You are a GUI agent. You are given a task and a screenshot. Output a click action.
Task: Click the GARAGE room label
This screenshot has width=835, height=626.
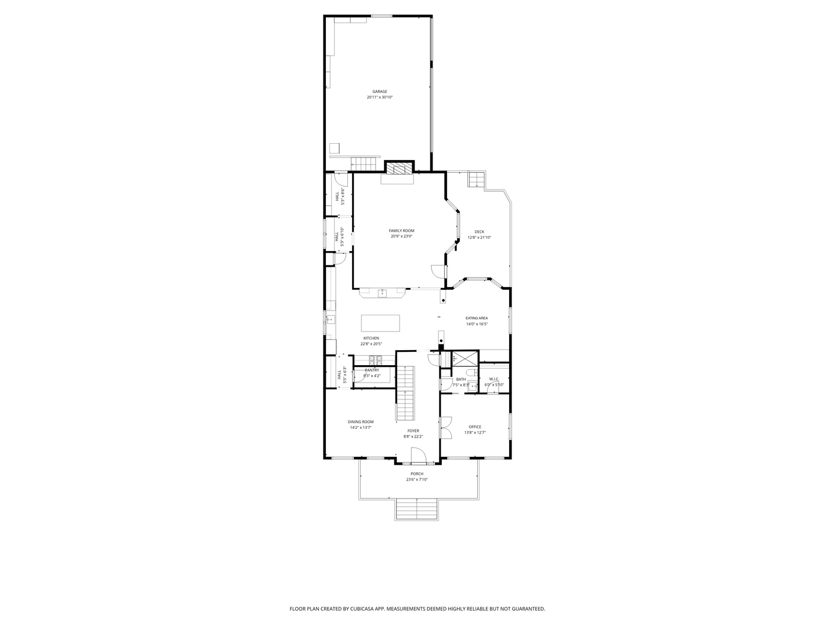pyautogui.click(x=380, y=92)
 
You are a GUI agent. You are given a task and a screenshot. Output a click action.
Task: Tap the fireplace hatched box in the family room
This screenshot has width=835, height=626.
pyautogui.click(x=399, y=168)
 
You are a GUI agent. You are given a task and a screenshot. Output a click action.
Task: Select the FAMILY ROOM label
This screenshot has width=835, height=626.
pyautogui.click(x=401, y=231)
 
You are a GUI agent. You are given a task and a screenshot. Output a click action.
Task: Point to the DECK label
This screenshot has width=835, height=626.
pyautogui.click(x=479, y=232)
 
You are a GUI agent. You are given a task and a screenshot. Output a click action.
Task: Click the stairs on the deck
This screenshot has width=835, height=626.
pyautogui.click(x=476, y=180)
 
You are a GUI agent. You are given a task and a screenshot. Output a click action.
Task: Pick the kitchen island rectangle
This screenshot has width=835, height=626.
pyautogui.click(x=380, y=322)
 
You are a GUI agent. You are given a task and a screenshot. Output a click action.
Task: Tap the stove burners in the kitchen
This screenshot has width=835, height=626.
pyautogui.click(x=376, y=359)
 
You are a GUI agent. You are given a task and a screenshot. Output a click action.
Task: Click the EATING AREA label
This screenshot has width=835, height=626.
pyautogui.click(x=477, y=318)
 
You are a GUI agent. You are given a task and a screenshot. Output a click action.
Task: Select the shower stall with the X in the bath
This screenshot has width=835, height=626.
pyautogui.click(x=465, y=359)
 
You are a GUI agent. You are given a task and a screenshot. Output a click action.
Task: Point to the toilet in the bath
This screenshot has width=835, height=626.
pyautogui.click(x=474, y=385)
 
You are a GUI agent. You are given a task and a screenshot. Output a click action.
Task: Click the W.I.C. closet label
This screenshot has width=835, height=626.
pyautogui.click(x=494, y=379)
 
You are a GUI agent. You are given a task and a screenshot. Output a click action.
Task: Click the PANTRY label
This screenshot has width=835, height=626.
pyautogui.click(x=372, y=370)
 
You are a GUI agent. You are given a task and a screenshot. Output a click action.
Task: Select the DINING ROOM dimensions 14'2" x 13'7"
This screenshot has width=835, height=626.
pyautogui.click(x=361, y=428)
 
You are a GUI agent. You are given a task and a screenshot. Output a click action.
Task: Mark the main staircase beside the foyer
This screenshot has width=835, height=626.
pyautogui.click(x=406, y=394)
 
